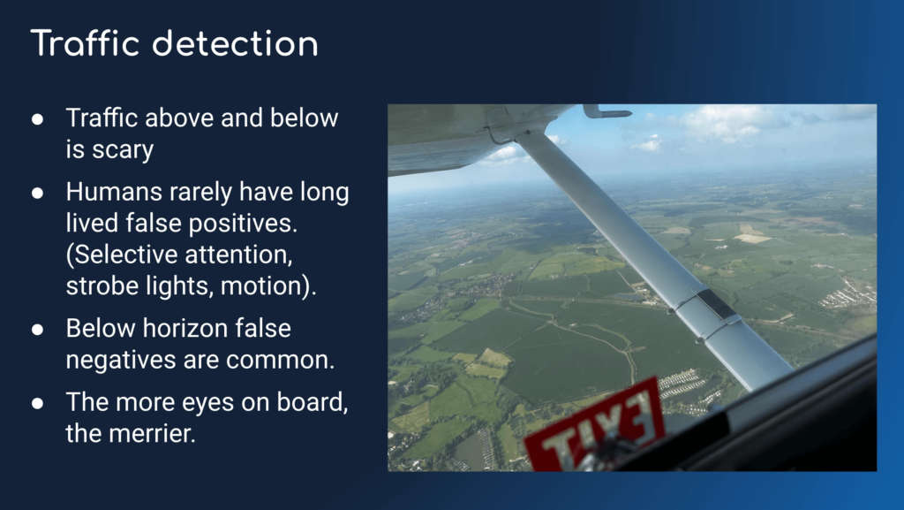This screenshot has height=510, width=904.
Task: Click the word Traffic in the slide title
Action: point(86,43)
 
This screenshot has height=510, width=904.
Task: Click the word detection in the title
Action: point(235,43)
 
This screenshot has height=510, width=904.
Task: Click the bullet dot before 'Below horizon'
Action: point(37,330)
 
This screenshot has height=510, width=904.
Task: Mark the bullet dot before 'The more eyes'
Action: point(37,403)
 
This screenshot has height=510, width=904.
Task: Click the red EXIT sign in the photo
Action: point(594,428)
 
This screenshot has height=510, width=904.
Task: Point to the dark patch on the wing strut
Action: point(717,304)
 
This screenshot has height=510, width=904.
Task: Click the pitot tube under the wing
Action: point(606,111)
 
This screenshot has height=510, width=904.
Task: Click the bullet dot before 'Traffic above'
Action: point(37,119)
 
